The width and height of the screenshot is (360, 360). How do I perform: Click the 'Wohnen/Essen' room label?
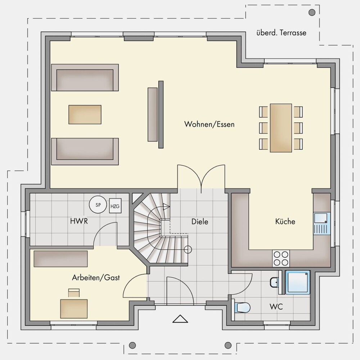[x=210, y=124]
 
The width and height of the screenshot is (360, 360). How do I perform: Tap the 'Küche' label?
[x=285, y=221]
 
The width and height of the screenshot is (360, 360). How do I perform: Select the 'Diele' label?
[x=200, y=221]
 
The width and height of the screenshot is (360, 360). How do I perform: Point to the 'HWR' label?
[x=79, y=221]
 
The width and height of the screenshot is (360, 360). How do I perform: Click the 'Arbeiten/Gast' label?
[x=96, y=278]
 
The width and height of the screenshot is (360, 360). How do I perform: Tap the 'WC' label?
[x=276, y=306]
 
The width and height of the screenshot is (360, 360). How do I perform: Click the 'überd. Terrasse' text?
[x=281, y=33]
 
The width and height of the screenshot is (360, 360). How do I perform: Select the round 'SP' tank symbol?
[x=98, y=204]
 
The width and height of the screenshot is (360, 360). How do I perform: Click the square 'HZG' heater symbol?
[x=115, y=206]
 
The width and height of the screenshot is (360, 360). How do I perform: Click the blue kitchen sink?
[x=322, y=224]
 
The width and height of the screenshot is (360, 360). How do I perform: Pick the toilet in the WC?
[x=242, y=307]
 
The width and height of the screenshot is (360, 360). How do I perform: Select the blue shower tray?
[x=298, y=282]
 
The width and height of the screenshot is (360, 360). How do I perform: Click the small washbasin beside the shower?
[x=274, y=282]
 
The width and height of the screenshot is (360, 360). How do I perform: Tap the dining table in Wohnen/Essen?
[x=281, y=128]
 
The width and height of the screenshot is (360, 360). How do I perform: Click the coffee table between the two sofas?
[x=85, y=114]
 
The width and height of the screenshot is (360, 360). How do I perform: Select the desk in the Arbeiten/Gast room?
[x=74, y=309]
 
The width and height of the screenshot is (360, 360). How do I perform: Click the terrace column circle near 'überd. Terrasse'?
[x=312, y=12]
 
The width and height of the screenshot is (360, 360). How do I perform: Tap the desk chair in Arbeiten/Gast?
[x=74, y=293]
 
